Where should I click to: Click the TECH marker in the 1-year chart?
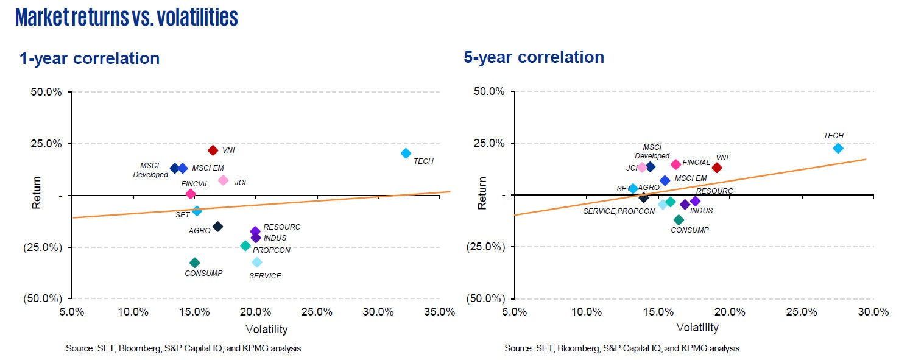(x=406, y=154)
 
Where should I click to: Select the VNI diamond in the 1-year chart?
(x=213, y=150)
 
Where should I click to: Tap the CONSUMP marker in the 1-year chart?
(x=194, y=263)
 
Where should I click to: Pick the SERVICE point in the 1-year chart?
(x=257, y=262)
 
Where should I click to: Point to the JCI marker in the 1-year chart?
(x=223, y=180)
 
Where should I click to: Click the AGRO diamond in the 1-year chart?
(x=217, y=227)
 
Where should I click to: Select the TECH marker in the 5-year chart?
(x=838, y=148)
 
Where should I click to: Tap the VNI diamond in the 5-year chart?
(x=717, y=168)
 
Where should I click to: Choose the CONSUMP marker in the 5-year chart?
(x=679, y=220)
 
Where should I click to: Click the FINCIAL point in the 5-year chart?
(x=675, y=164)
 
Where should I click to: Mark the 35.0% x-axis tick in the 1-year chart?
(x=439, y=312)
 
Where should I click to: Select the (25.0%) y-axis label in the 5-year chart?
(x=485, y=247)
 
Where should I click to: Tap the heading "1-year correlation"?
(x=90, y=58)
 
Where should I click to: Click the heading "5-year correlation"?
(x=534, y=57)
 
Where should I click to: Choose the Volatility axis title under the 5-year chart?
(x=697, y=328)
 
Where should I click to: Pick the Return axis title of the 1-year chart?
(x=37, y=192)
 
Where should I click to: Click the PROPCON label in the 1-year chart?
(x=272, y=250)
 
